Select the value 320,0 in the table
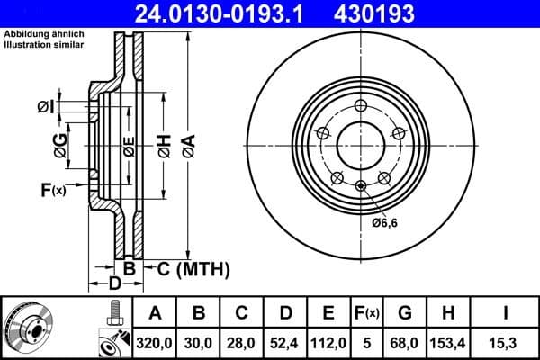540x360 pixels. click(156, 343)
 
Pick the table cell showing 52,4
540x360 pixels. click(285, 343)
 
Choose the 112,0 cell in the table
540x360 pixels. click(328, 343)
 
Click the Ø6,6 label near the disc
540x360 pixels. click(385, 222)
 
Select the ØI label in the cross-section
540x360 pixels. click(46, 107)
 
